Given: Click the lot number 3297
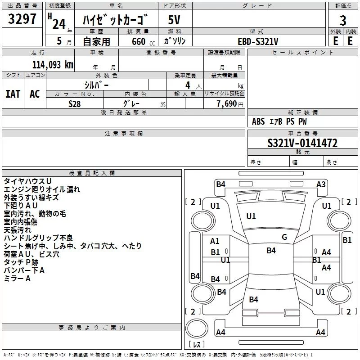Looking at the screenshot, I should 22,19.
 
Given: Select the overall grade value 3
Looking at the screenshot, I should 343,20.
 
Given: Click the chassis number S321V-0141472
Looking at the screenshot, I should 302,144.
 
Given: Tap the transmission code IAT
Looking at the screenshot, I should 13,94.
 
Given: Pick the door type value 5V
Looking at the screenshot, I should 174,20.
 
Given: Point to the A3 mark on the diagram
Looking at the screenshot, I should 321,184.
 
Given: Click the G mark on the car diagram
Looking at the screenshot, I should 284,237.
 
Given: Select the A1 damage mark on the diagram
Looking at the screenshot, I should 215,241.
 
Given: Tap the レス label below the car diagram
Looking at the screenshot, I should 197,345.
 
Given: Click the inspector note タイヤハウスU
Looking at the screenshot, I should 27,181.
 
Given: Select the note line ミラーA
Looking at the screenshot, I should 18,279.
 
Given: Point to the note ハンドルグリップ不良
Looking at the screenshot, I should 38,238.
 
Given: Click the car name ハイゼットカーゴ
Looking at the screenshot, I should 116,20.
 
